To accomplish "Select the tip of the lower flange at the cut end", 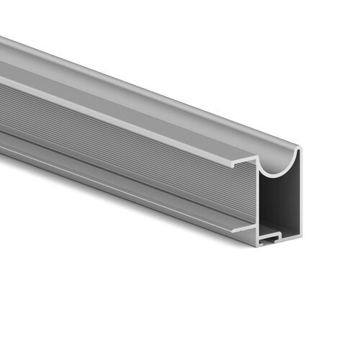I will (232, 229).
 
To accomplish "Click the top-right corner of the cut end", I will (299, 148).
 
